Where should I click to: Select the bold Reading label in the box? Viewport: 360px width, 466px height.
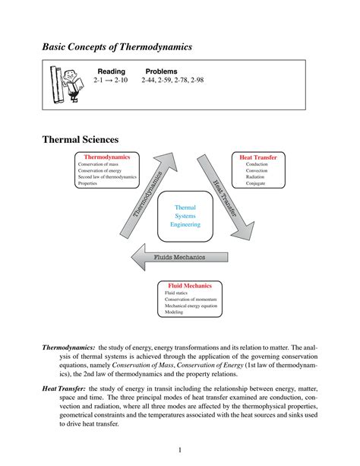pyautogui.click(x=111, y=71)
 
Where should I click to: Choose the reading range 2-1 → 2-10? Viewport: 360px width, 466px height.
pyautogui.click(x=112, y=80)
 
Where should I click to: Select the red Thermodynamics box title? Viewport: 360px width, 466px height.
pyautogui.click(x=106, y=157)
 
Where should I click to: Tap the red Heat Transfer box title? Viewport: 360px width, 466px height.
pyautogui.click(x=257, y=157)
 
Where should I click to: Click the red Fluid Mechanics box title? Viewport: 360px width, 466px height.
pyautogui.click(x=189, y=286)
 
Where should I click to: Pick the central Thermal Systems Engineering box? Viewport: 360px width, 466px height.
pyautogui.click(x=185, y=216)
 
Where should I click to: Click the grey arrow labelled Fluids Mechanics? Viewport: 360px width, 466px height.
pyautogui.click(x=174, y=257)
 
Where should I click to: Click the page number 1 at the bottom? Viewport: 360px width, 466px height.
pyautogui.click(x=180, y=450)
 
